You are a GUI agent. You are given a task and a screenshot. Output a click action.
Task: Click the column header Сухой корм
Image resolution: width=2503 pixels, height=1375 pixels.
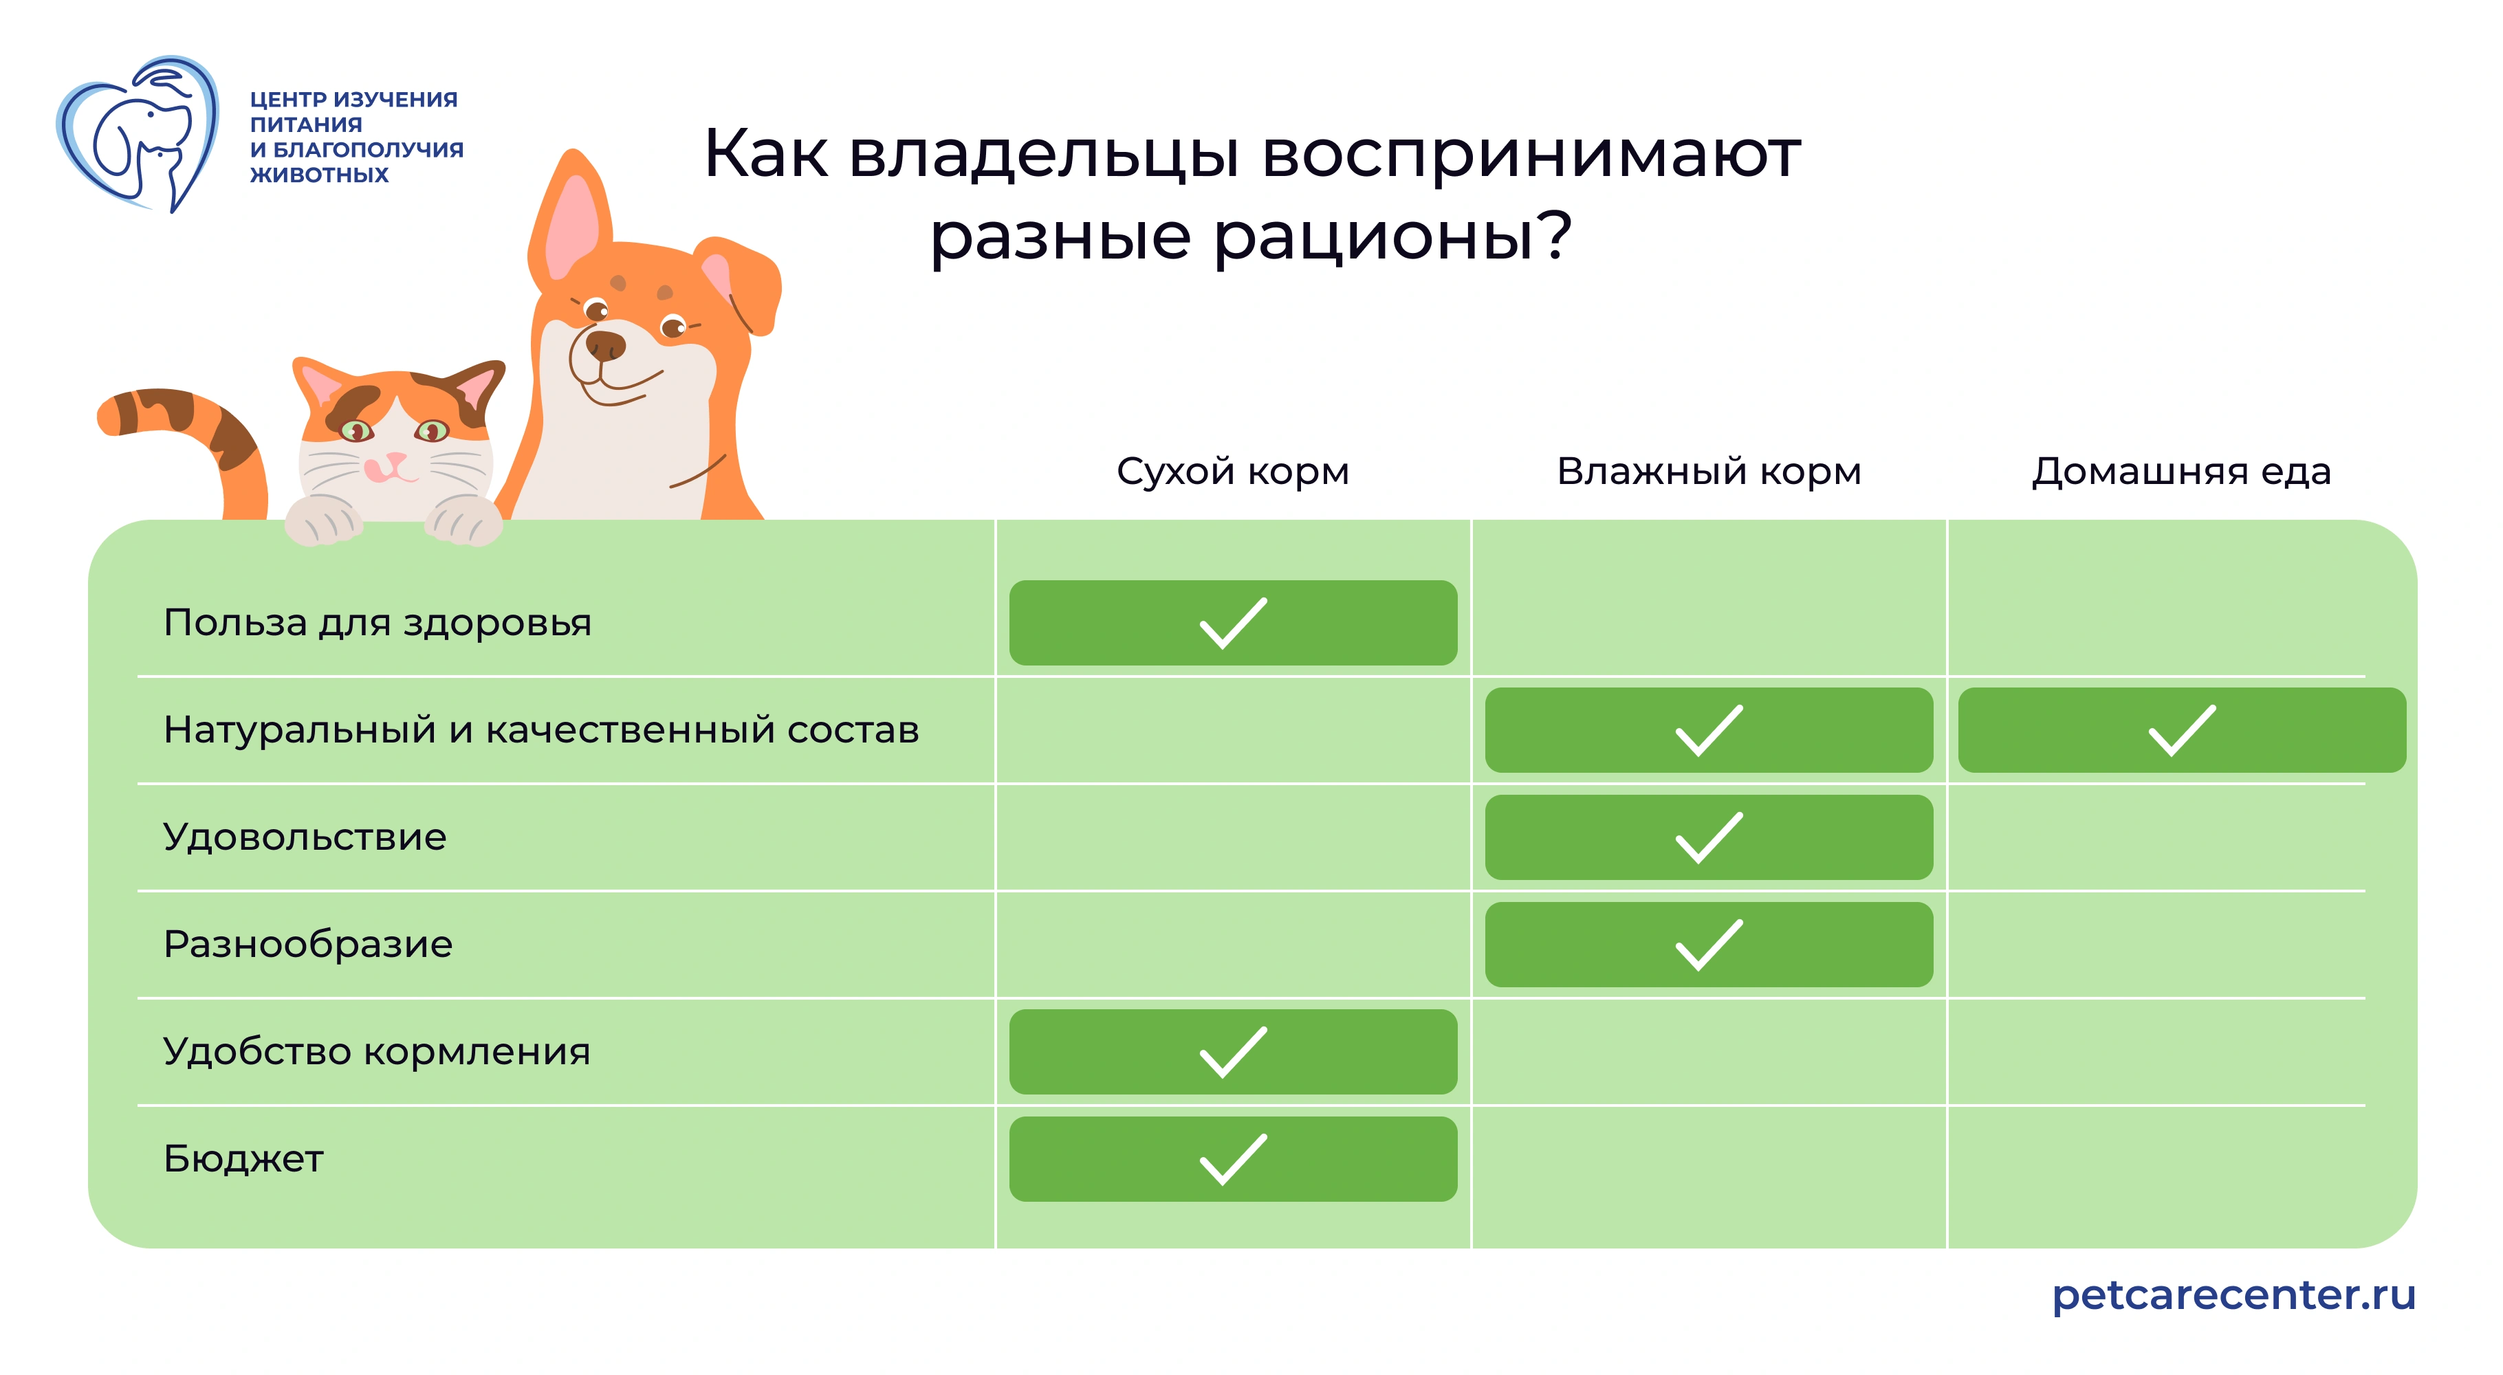(x=1232, y=472)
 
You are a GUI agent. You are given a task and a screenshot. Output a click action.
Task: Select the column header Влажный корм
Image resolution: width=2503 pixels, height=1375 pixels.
(x=1708, y=472)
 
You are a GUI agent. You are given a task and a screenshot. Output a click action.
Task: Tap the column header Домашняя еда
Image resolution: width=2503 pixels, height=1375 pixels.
(x=2180, y=472)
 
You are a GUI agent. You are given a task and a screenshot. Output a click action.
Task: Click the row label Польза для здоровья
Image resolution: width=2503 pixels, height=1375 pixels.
(x=377, y=623)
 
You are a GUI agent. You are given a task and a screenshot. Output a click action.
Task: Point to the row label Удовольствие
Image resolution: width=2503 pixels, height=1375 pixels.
(x=304, y=837)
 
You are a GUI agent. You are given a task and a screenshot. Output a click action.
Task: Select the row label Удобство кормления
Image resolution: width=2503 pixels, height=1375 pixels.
(x=376, y=1051)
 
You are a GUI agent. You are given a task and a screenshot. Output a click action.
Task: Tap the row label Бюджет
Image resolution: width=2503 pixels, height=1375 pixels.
(x=243, y=1158)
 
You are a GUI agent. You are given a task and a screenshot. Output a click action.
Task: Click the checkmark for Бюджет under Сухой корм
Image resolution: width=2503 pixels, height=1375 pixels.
(x=1232, y=1159)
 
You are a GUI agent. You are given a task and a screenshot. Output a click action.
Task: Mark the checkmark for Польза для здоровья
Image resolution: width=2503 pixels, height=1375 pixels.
(x=1232, y=623)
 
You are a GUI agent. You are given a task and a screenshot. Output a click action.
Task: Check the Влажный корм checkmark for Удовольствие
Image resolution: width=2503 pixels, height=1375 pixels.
(x=1708, y=837)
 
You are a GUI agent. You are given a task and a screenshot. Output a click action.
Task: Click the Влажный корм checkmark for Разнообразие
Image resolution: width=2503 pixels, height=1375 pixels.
(x=1708, y=945)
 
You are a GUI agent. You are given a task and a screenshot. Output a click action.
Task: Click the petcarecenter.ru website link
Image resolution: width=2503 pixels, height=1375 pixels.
(x=2233, y=1295)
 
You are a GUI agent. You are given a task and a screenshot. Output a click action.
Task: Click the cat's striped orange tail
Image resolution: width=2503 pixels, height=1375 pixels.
(x=195, y=428)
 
